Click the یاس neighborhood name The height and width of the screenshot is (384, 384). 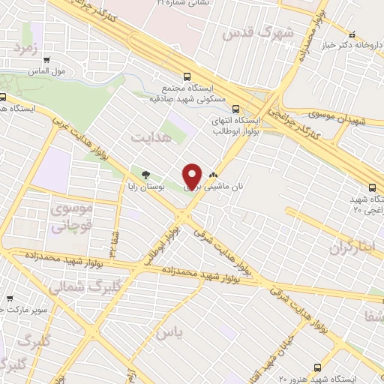coord(169,333)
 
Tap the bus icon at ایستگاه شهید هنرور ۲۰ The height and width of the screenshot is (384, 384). coord(317,367)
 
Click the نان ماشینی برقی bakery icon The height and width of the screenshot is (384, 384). coord(223,175)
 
